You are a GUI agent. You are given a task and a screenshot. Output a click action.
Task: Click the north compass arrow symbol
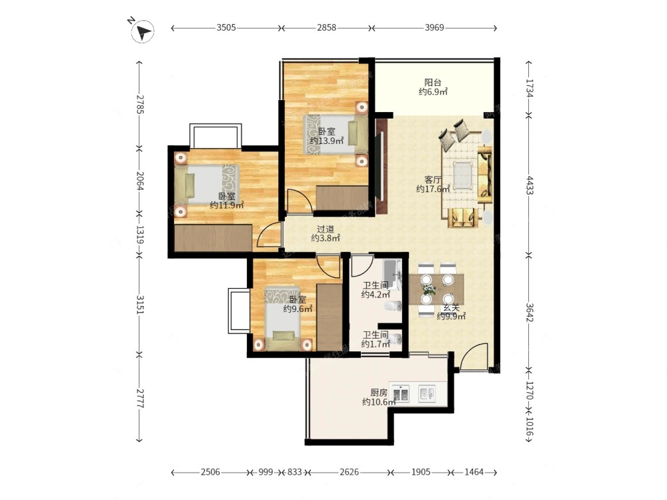[143, 31]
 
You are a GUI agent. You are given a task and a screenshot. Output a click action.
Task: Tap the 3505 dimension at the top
[226, 27]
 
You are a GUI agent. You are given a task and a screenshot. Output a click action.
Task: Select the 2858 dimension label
[326, 27]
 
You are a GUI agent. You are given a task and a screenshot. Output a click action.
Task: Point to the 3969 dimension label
[434, 27]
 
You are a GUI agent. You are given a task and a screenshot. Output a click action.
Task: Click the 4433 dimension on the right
[529, 185]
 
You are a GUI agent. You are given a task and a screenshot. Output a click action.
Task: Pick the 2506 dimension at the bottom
[210, 472]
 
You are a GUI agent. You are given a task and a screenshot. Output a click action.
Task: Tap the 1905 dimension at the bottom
[421, 472]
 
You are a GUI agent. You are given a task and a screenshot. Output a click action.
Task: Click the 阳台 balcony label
[433, 83]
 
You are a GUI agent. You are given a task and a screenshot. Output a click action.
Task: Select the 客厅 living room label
[433, 180]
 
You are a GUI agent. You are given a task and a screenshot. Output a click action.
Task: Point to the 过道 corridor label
[325, 229]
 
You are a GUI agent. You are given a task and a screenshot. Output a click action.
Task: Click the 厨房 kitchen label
[379, 393]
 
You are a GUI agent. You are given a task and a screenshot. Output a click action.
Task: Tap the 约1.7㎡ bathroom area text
[376, 344]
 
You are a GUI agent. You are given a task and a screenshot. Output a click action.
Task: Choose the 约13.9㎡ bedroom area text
[327, 141]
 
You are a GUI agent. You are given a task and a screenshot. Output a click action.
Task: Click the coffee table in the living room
[464, 175]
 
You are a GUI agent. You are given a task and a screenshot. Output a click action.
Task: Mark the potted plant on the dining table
[430, 290]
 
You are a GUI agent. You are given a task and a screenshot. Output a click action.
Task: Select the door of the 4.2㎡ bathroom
[362, 265]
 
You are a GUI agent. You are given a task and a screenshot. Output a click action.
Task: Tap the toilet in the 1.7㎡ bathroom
[396, 339]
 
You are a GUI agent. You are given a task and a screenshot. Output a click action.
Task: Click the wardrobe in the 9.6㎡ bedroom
[329, 317]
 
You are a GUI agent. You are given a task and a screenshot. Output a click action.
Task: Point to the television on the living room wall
[382, 165]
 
